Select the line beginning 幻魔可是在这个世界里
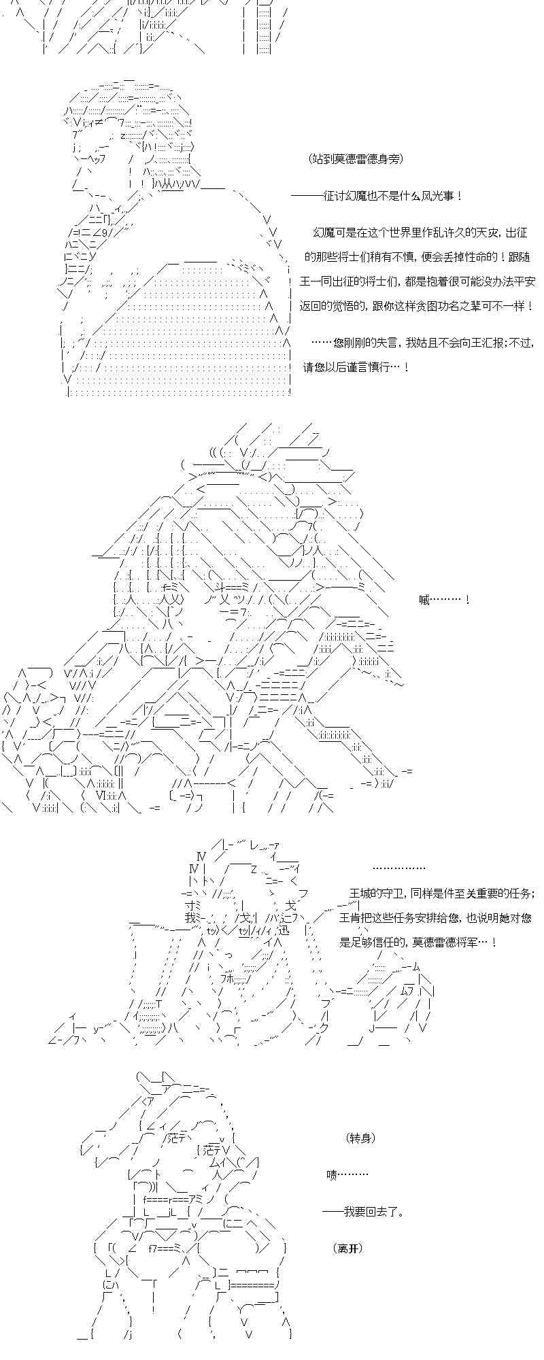420,233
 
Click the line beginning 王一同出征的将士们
419,282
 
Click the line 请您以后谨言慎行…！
356,367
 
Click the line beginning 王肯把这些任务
435,918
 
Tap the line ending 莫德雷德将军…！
418,942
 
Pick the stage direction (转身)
360,1138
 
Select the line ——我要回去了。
364,1212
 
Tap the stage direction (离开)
348,1248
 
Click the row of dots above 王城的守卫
399,868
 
